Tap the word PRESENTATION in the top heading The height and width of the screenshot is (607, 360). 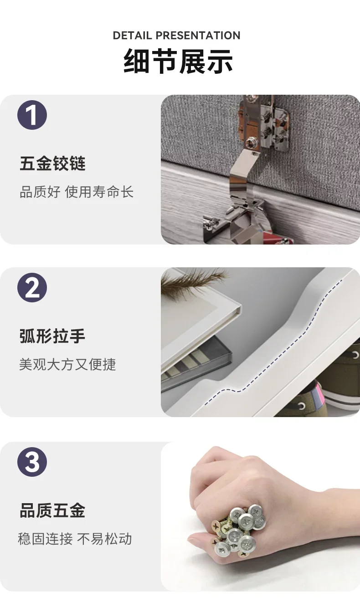(198, 36)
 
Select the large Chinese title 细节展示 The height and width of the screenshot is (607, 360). (178, 61)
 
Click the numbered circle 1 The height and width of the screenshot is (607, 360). (32, 115)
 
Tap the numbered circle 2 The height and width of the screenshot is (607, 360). (32, 287)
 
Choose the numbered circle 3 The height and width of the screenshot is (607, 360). (32, 462)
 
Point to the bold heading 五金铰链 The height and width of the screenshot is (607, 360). (52, 163)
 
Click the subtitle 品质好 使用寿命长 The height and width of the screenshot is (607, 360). (77, 192)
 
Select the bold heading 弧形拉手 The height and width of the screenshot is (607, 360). (52, 336)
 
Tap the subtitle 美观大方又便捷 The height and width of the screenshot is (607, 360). (67, 364)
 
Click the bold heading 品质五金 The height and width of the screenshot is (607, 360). (52, 510)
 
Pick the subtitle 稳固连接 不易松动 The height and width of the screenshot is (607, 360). (75, 539)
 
